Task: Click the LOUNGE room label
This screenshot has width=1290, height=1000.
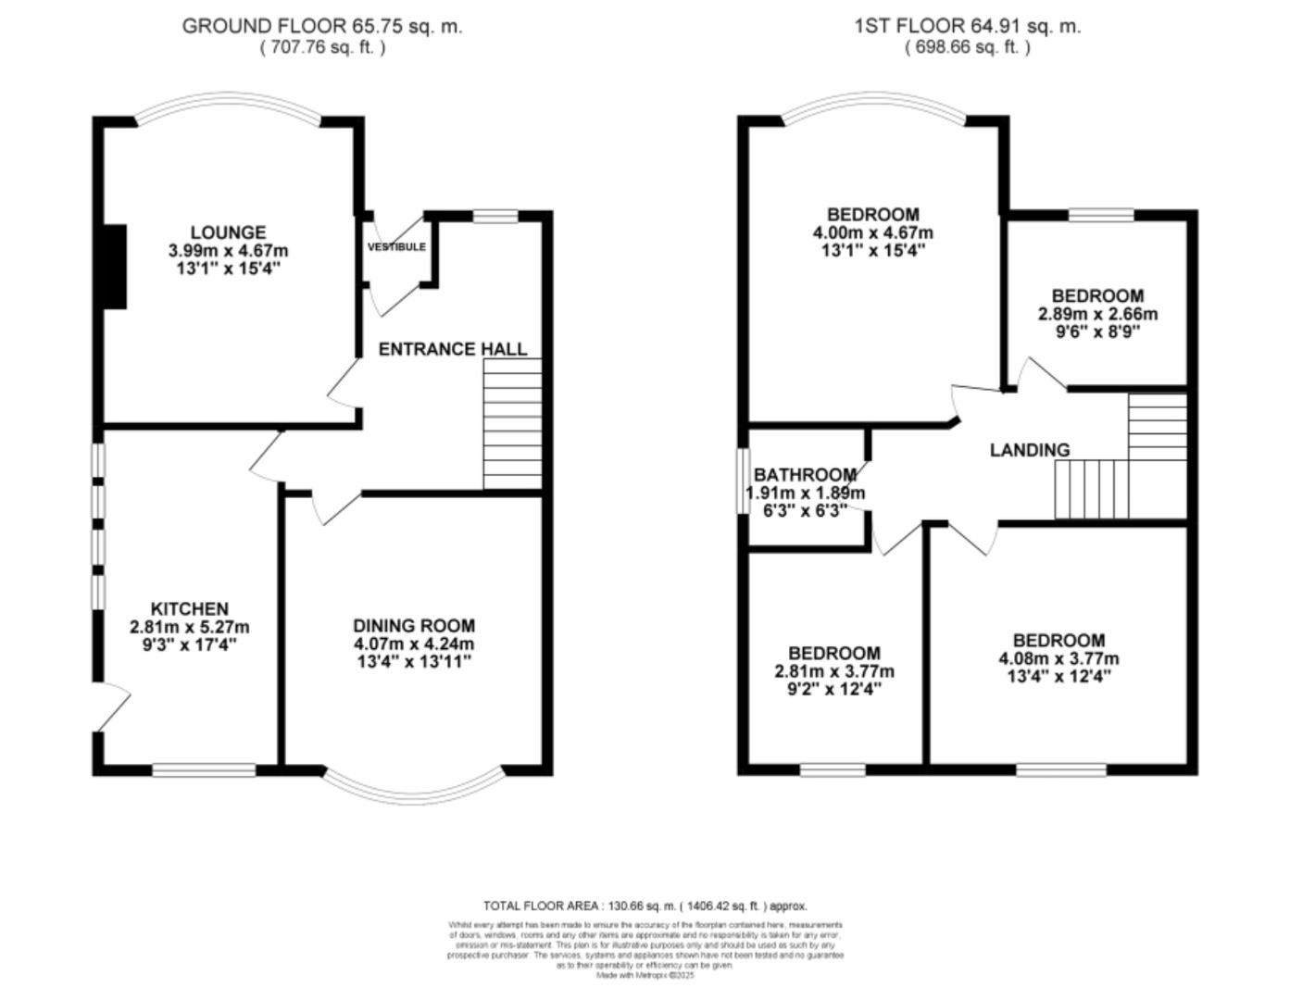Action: [x=228, y=232]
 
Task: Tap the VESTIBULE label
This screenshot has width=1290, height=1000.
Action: [x=396, y=247]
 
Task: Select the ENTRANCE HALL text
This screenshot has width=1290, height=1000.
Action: [x=452, y=349]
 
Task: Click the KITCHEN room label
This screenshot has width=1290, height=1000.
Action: [x=189, y=608]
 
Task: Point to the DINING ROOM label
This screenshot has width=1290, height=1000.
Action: [x=413, y=626]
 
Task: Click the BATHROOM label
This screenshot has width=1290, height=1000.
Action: [x=804, y=475]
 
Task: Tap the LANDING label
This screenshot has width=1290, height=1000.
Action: [x=1029, y=450]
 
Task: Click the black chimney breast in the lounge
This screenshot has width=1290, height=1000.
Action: [x=114, y=266]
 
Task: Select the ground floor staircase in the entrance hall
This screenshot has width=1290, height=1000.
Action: [x=512, y=423]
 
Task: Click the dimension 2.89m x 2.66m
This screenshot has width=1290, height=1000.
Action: [x=1097, y=314]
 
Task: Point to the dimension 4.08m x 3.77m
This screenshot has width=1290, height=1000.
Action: [x=1058, y=659]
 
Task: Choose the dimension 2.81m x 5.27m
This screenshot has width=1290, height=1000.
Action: [x=189, y=627]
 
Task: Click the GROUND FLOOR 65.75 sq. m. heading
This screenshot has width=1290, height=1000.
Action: [x=321, y=26]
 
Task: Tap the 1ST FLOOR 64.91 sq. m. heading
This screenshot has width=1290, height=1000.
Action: [x=967, y=26]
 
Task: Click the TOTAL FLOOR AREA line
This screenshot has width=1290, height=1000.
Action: [x=645, y=906]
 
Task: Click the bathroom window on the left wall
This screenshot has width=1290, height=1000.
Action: [x=743, y=481]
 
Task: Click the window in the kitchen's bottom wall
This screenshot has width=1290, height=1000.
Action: [x=204, y=769]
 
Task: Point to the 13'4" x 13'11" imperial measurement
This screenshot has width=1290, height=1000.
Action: [x=413, y=662]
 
